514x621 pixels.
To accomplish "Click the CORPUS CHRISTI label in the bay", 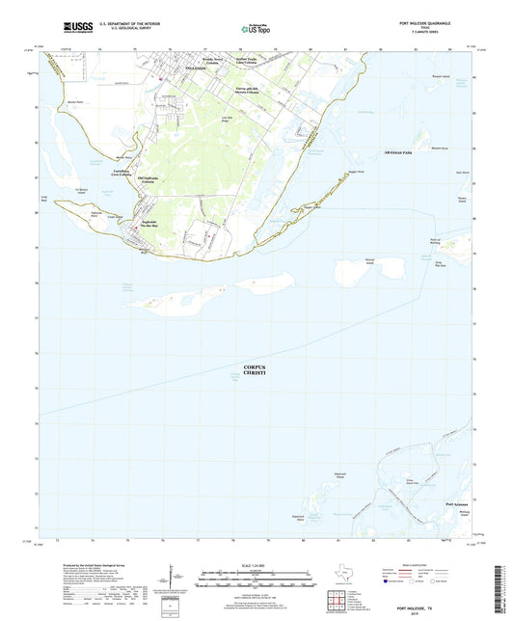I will click(255, 371).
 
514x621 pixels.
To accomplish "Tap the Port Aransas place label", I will click(458, 504).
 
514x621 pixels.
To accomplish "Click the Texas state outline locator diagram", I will click(340, 580).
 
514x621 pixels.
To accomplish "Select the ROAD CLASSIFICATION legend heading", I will click(415, 566).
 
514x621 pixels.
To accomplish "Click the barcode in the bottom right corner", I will click(502, 588).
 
